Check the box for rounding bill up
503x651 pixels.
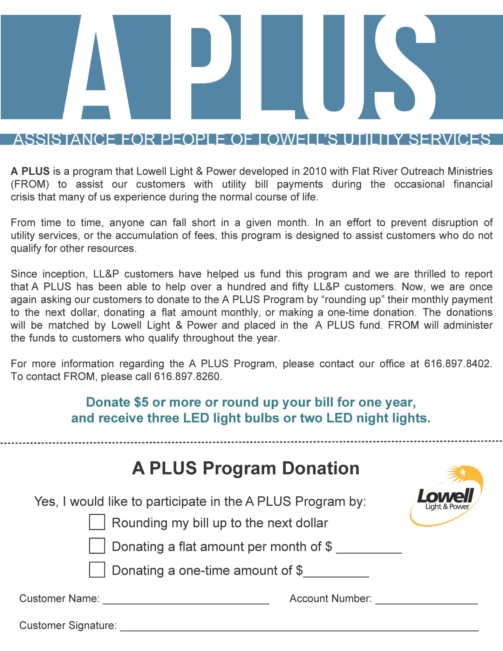(97, 522)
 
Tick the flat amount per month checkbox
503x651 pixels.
(97, 546)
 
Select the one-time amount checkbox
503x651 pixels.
(97, 570)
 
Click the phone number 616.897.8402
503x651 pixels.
(458, 363)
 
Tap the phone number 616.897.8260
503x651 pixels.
(187, 376)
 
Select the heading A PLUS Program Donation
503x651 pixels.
(246, 468)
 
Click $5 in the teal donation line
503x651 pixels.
(141, 402)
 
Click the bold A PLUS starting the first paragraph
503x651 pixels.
(30, 171)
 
